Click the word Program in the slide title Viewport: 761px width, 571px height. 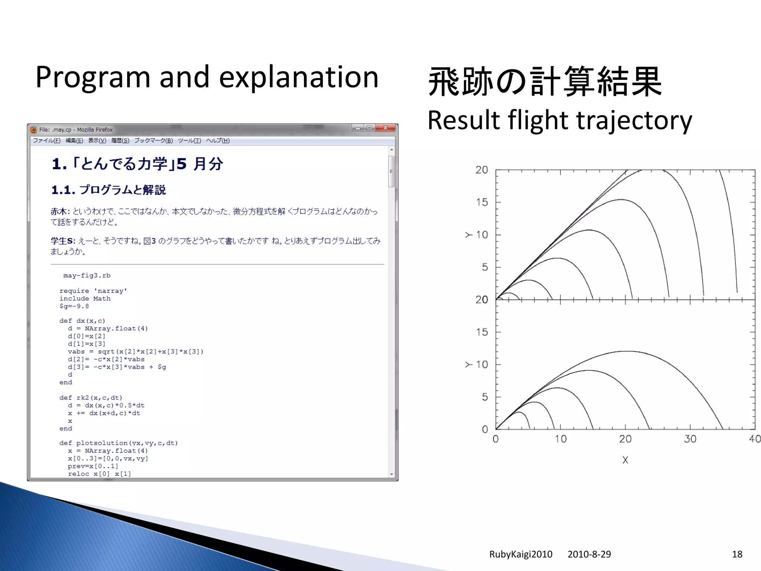point(92,77)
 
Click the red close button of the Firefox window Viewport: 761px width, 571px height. point(385,128)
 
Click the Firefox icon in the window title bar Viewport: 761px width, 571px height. point(34,130)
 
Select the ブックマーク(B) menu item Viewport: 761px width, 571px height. point(153,141)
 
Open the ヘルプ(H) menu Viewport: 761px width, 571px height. point(218,141)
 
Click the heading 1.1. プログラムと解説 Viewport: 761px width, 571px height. point(109,190)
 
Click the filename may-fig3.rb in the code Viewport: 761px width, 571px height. point(87,275)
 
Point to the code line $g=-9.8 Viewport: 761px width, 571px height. point(74,306)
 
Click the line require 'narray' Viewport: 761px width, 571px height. point(93,291)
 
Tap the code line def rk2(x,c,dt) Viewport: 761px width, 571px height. point(91,398)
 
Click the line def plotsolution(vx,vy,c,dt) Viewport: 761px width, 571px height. point(118,443)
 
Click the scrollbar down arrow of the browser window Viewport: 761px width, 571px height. point(392,474)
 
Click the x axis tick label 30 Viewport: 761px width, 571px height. point(690,439)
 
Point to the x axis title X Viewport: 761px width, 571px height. point(625,460)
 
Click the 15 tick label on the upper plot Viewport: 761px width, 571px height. point(482,203)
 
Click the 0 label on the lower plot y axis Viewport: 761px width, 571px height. point(485,430)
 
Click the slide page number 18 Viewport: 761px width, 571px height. point(737,554)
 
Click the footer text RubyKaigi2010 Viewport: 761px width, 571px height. point(521,554)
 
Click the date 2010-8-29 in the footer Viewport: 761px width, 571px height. point(589,554)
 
